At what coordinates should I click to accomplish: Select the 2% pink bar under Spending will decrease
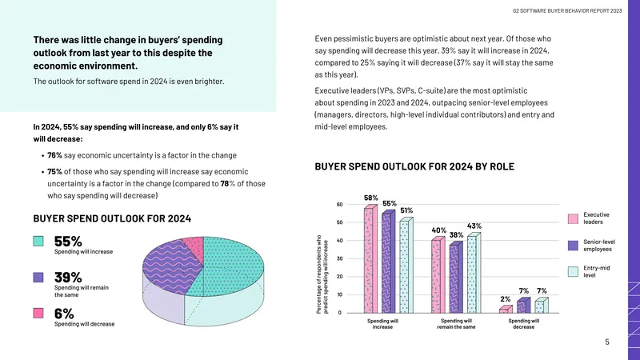[506, 309]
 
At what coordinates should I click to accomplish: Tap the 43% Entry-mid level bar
[474, 273]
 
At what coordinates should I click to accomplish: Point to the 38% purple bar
[456, 277]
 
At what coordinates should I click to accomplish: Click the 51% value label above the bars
[406, 210]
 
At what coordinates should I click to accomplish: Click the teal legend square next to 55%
[38, 241]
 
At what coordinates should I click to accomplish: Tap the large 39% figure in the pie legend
[68, 277]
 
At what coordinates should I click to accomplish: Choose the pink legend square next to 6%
[38, 313]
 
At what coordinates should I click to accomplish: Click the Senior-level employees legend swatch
[573, 246]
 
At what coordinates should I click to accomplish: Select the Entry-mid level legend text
[596, 271]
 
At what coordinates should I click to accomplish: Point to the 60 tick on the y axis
[339, 205]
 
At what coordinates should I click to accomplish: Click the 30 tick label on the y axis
[339, 258]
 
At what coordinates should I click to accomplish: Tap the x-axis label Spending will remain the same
[456, 324]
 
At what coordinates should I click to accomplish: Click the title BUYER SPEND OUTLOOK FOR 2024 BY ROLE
[414, 166]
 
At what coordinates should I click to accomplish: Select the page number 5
[607, 342]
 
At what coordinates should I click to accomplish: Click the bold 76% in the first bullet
[54, 155]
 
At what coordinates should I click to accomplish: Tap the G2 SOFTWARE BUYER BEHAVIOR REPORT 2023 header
[567, 11]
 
